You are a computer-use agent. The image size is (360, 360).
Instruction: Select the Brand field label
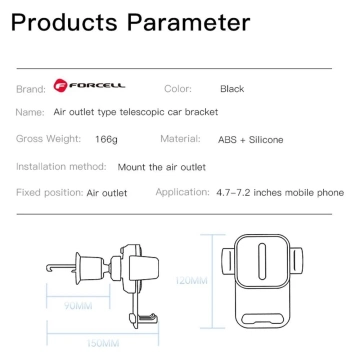(31, 89)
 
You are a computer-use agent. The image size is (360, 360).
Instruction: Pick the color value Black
(232, 89)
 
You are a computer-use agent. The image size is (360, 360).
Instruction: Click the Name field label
(30, 114)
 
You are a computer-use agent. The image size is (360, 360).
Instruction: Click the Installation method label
(60, 166)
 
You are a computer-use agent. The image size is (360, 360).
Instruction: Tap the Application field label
(181, 191)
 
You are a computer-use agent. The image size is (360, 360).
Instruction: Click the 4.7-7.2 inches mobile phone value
(279, 191)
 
